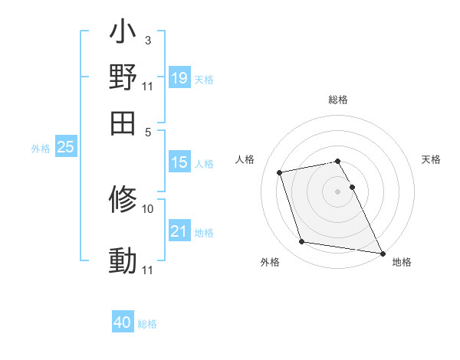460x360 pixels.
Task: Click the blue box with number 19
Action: tap(179, 78)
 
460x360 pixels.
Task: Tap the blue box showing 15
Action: tap(179, 162)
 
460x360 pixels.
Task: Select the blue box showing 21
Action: tap(179, 231)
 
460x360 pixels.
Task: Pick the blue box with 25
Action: tap(65, 148)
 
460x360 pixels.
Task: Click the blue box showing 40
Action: tap(123, 323)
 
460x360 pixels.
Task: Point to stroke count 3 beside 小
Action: tap(147, 40)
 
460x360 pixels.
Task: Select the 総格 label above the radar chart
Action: tap(338, 100)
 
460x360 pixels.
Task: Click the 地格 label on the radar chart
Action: tap(402, 263)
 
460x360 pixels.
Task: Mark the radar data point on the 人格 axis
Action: tap(280, 172)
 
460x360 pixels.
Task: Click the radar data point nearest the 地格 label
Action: tap(381, 253)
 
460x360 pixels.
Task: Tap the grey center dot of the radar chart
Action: tap(338, 191)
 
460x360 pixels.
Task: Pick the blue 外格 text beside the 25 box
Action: tap(40, 149)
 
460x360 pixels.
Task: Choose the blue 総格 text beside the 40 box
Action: tap(147, 324)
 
